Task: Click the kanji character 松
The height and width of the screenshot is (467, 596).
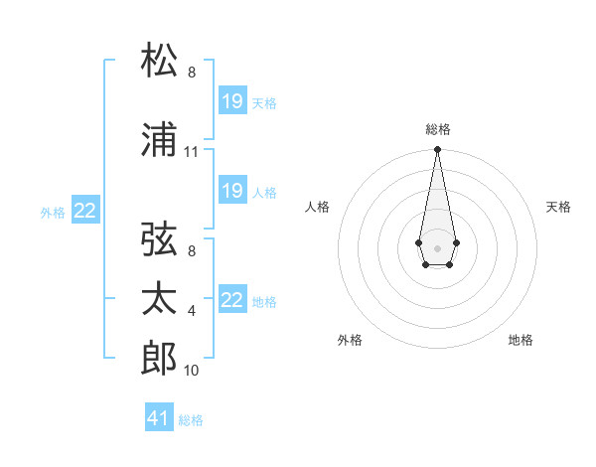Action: click(161, 61)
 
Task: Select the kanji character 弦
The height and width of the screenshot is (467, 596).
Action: click(161, 239)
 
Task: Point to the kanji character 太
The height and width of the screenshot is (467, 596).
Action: click(161, 299)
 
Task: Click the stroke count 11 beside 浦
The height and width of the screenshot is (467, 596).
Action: click(192, 152)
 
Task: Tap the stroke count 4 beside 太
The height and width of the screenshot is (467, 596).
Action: click(192, 311)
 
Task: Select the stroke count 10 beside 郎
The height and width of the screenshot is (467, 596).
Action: click(192, 371)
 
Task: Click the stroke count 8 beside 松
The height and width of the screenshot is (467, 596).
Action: click(192, 73)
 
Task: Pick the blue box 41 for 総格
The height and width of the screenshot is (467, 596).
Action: click(159, 418)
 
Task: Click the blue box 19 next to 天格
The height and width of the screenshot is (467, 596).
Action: click(232, 101)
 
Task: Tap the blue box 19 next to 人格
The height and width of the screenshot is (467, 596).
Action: click(232, 191)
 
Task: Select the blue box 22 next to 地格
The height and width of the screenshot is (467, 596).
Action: click(232, 300)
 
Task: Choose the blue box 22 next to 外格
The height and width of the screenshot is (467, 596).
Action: click(85, 210)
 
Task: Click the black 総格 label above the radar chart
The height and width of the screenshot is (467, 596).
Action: click(437, 129)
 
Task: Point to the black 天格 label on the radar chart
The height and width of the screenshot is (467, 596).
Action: click(558, 207)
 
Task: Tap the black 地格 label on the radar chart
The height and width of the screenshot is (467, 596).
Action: click(521, 340)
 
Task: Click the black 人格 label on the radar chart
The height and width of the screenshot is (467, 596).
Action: click(317, 207)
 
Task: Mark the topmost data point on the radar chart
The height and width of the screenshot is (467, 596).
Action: click(437, 150)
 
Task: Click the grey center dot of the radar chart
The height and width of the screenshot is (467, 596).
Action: click(437, 246)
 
